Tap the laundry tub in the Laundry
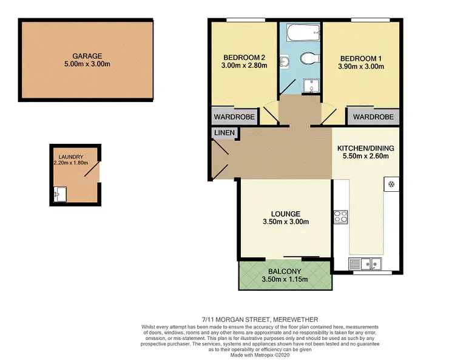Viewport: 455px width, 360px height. (59, 195)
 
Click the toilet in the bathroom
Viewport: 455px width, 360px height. (309, 59)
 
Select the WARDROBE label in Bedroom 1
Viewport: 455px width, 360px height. (373, 117)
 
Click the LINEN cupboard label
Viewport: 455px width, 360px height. (224, 133)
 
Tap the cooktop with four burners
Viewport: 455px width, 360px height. (340, 217)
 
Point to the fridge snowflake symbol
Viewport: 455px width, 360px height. (391, 184)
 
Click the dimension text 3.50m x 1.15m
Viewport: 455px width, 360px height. (285, 279)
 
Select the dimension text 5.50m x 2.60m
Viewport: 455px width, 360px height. (366, 156)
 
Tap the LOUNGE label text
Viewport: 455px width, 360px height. (285, 214)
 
